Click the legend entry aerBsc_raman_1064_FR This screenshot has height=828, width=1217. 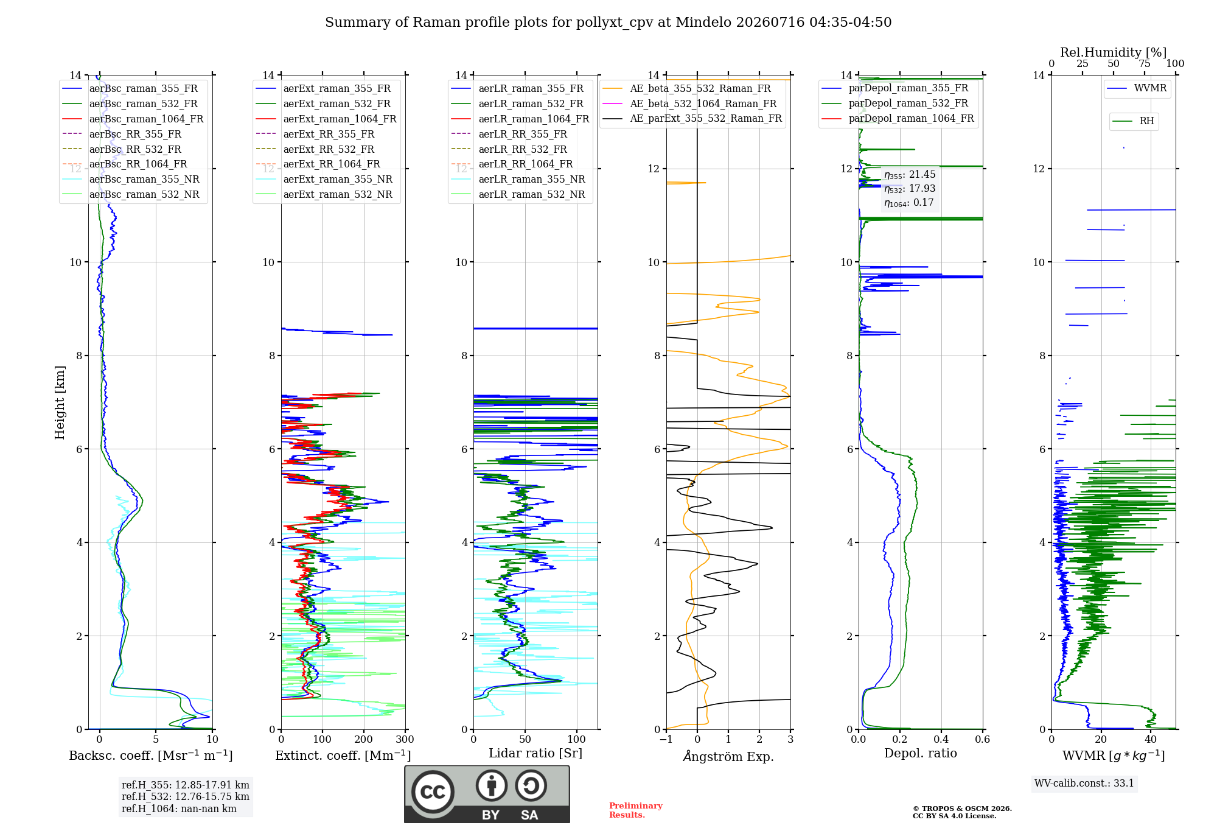(x=133, y=119)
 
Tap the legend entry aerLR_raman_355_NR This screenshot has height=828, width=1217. (x=518, y=179)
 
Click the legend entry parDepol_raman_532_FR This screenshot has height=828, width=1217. (x=894, y=103)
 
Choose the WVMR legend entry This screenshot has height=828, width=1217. (x=1137, y=88)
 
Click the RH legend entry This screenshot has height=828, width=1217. (x=1133, y=121)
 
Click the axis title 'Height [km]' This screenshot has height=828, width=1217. (x=60, y=402)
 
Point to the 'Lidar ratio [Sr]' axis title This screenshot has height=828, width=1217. (x=535, y=753)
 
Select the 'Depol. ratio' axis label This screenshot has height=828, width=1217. (x=921, y=753)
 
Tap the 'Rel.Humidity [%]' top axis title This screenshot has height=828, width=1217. (x=1114, y=52)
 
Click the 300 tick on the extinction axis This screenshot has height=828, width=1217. (x=405, y=739)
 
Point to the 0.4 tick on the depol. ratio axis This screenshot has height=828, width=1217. (x=941, y=739)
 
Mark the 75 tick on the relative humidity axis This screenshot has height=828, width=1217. (x=1145, y=63)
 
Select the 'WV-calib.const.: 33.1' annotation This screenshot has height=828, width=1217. (x=1084, y=783)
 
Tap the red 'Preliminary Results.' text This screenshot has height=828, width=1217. (x=636, y=810)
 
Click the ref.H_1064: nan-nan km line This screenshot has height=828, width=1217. (x=179, y=809)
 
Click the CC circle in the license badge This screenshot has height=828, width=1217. (x=433, y=791)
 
